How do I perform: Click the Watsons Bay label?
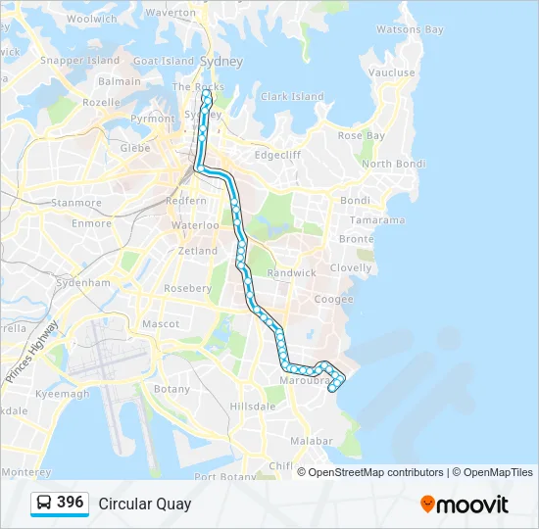pyautogui.click(x=410, y=30)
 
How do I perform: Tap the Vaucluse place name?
pyautogui.click(x=392, y=72)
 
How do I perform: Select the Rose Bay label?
pyautogui.click(x=362, y=135)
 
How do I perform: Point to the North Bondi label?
pyautogui.click(x=392, y=164)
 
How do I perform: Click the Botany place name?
pyautogui.click(x=171, y=389)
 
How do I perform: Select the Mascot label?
pyautogui.click(x=161, y=323)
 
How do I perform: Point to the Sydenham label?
pyautogui.click(x=83, y=282)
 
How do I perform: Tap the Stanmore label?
pyautogui.click(x=76, y=203)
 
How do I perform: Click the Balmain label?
pyautogui.click(x=120, y=81)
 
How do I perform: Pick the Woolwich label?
pyautogui.click(x=91, y=19)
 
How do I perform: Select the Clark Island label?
pyautogui.click(x=292, y=97)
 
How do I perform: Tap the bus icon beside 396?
pyautogui.click(x=44, y=504)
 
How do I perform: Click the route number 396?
pyautogui.click(x=71, y=503)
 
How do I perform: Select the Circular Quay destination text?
pyautogui.click(x=145, y=504)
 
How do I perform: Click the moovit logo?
pyautogui.click(x=465, y=504)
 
